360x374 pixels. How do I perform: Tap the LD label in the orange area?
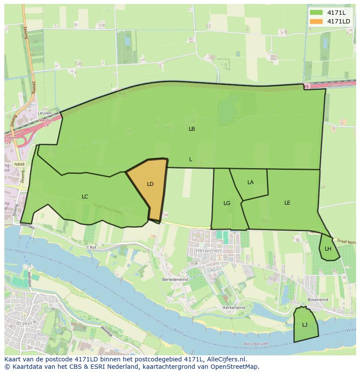point(150,184)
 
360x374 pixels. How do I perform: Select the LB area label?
point(192,129)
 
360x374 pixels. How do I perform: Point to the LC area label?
point(85,197)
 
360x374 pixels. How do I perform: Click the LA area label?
point(250,182)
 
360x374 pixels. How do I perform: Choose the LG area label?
point(227,203)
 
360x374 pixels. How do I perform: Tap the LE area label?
point(287,203)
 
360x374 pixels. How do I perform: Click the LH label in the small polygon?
point(328,249)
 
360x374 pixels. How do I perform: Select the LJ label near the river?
point(305,325)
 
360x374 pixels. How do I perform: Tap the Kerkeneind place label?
point(234,308)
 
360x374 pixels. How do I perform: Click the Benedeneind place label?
point(175,279)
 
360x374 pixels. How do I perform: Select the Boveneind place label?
point(317,300)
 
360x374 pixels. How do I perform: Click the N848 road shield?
point(19,165)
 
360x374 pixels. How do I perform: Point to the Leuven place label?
point(45,113)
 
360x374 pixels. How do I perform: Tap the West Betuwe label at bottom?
point(256,344)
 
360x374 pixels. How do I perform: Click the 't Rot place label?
point(90,247)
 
